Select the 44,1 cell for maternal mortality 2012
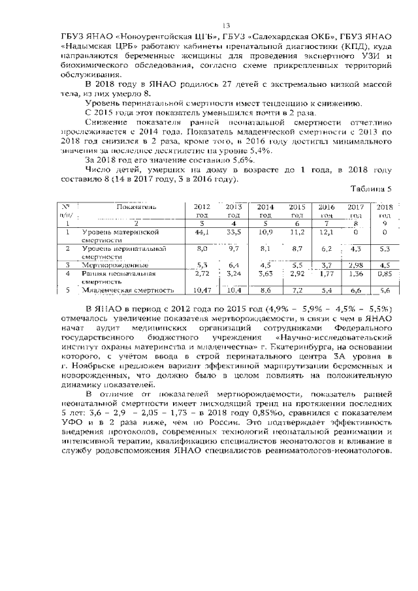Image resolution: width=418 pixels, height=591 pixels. pyautogui.click(x=202, y=232)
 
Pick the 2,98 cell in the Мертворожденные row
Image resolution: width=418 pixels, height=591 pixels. pyautogui.click(x=355, y=265)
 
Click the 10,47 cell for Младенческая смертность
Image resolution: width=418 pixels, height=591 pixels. pyautogui.click(x=202, y=290)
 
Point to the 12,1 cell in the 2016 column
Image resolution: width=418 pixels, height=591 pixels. pyautogui.click(x=326, y=232)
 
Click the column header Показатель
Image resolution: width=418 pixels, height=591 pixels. pyautogui.click(x=136, y=206)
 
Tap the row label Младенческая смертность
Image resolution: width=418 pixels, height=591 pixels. pyautogui.click(x=128, y=290)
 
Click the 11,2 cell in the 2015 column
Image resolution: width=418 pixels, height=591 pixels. pyautogui.click(x=297, y=232)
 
